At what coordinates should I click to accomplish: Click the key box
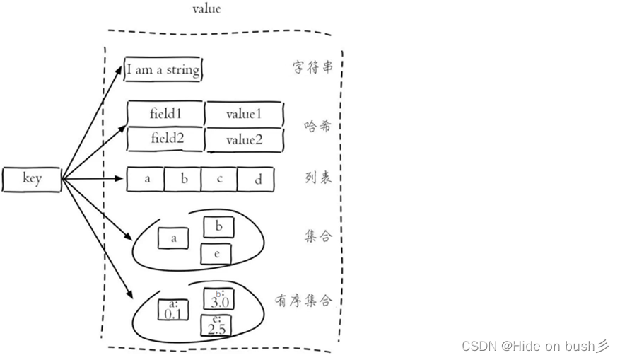pos(32,179)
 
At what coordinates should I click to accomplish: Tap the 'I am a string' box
pos(163,70)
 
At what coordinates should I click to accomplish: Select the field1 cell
pos(166,113)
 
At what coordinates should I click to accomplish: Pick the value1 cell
pos(244,114)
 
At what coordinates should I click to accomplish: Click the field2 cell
pos(166,139)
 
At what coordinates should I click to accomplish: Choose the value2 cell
pos(244,140)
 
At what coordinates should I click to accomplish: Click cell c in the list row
pos(219,179)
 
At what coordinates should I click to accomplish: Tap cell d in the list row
pos(257,180)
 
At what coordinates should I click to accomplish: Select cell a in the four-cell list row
pos(146,179)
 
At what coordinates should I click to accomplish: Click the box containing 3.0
pos(218,299)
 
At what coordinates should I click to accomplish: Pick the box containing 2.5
pos(216,325)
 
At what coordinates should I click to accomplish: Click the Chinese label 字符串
pos(312,68)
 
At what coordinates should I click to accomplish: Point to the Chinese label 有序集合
pos(303,301)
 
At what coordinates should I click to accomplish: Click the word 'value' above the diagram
pos(206,9)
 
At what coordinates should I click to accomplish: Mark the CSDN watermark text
pos(534,346)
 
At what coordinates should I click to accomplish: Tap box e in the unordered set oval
pos(216,253)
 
